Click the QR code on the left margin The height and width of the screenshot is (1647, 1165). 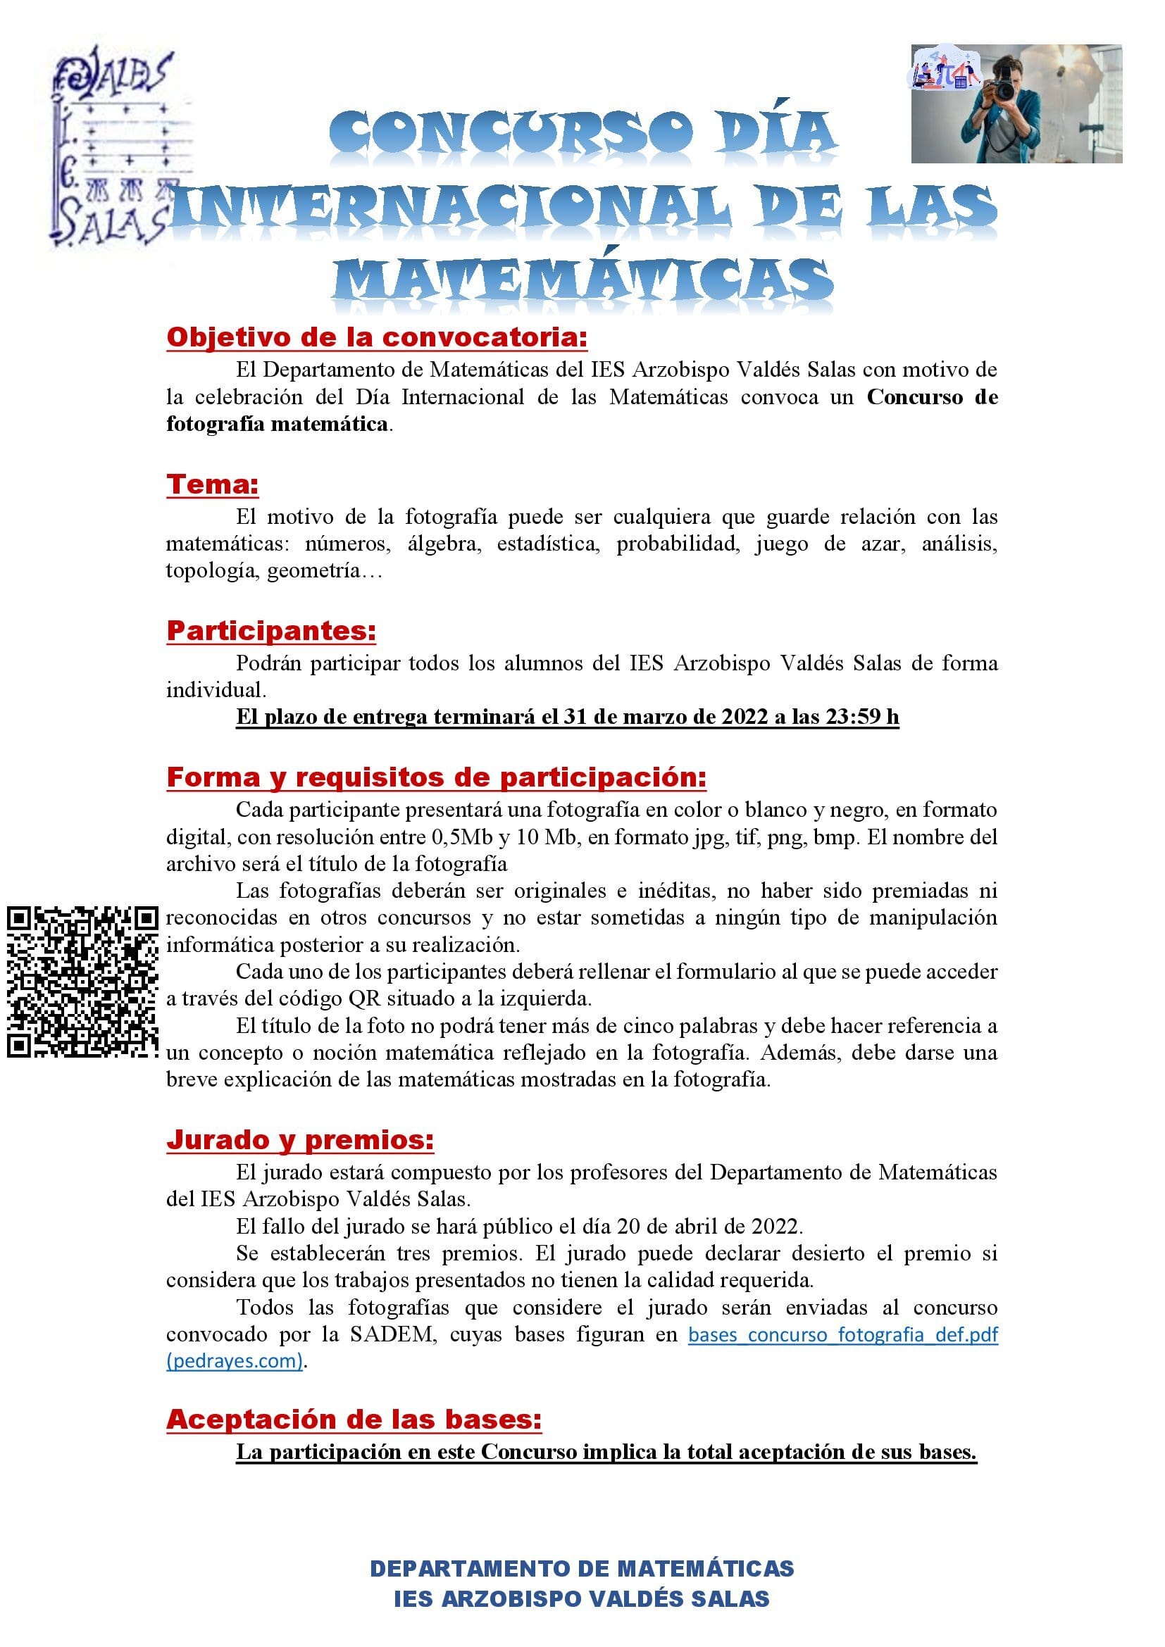(82, 982)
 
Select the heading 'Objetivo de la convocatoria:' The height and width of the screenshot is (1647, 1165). (377, 337)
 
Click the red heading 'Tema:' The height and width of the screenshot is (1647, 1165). (212, 484)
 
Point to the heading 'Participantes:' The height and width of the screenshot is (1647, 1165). (271, 630)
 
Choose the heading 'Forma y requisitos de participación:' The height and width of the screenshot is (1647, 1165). (436, 777)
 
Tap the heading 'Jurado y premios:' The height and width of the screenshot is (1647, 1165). (300, 1140)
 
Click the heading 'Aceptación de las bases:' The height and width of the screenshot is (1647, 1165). (354, 1420)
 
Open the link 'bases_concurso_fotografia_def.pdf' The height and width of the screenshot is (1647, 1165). (843, 1335)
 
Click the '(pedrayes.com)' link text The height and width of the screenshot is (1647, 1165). (235, 1362)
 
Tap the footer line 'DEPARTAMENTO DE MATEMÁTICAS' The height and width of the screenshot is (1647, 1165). (582, 1569)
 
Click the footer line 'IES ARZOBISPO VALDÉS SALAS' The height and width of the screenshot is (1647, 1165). (582, 1599)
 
